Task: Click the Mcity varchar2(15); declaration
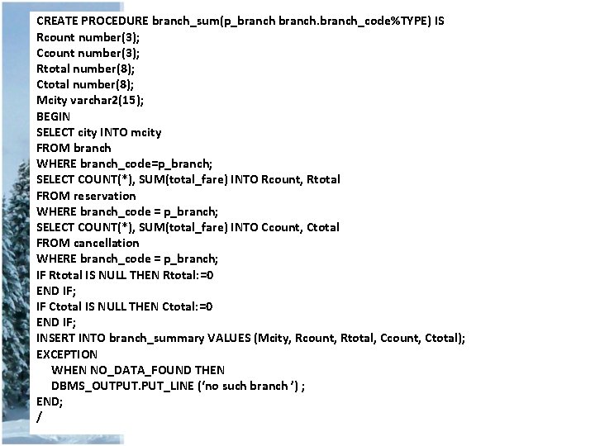pyautogui.click(x=90, y=100)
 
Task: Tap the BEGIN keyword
pyautogui.click(x=54, y=116)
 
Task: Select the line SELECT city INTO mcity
pyautogui.click(x=99, y=132)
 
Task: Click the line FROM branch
pyautogui.click(x=74, y=148)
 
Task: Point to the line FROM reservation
pyautogui.click(x=86, y=196)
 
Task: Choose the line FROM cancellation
pyautogui.click(x=88, y=243)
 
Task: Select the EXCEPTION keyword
pyautogui.click(x=67, y=354)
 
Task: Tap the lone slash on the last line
pyautogui.click(x=39, y=418)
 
